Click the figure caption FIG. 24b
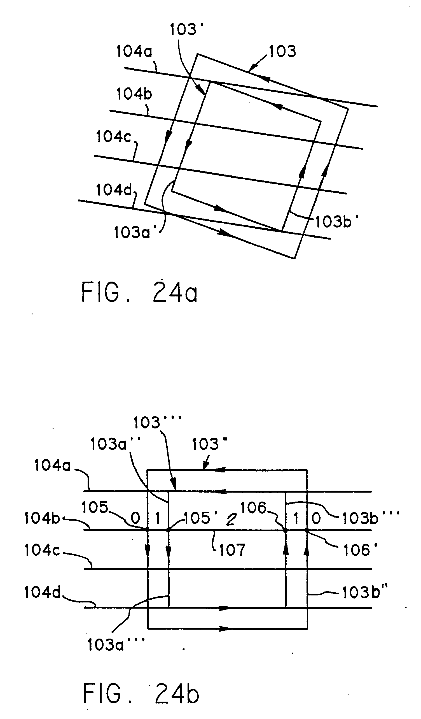coord(141,694)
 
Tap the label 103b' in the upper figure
coord(336,221)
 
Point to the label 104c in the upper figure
coord(113,137)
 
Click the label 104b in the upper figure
coord(134,94)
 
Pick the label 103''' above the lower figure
coord(157,423)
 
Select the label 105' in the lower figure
coord(200,518)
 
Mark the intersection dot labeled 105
coord(147,530)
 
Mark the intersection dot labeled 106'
coord(307,530)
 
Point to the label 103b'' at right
coord(365,593)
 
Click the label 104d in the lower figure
coord(43,593)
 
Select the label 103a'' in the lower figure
coord(115,444)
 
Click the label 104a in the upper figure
coord(134,52)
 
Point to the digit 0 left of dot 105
coord(136,518)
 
